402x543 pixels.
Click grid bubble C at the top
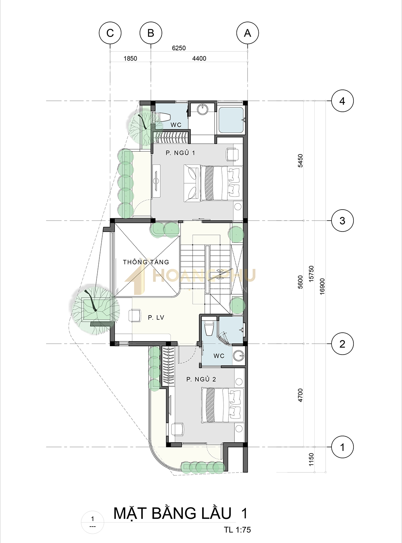(110, 33)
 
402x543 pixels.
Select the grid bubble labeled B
(151, 33)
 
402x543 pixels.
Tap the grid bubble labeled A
(247, 33)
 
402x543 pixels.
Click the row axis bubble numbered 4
(342, 101)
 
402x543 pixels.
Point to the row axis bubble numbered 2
(342, 344)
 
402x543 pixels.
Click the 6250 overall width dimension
(179, 48)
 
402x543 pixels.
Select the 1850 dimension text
(130, 58)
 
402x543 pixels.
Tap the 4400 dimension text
(199, 58)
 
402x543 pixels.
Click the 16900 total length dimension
(322, 286)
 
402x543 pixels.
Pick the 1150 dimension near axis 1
(311, 459)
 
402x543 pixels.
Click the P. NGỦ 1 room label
(180, 153)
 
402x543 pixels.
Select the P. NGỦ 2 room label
(201, 379)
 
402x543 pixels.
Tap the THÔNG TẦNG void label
(146, 262)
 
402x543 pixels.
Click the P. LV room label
(156, 318)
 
